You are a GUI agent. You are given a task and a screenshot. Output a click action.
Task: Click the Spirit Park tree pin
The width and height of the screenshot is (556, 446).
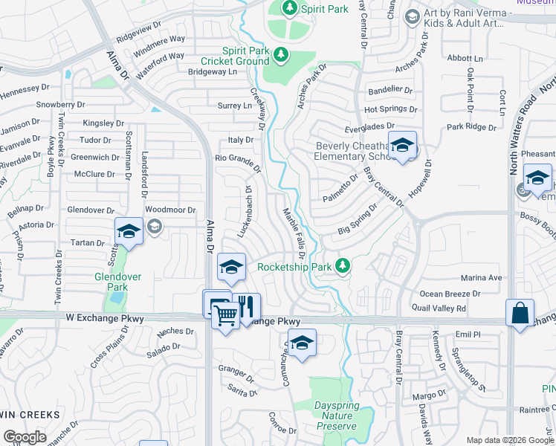tap(291, 8)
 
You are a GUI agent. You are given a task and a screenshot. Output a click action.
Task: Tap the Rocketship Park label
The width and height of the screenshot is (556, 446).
tap(294, 266)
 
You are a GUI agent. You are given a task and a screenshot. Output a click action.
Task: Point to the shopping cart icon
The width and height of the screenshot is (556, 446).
tap(226, 315)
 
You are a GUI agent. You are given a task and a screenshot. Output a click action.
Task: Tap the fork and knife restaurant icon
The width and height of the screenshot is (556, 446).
tap(247, 306)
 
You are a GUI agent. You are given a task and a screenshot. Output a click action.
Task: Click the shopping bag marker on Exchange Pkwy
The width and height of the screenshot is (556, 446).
tap(520, 312)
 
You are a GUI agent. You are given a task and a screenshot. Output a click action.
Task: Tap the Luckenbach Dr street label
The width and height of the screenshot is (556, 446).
tap(246, 211)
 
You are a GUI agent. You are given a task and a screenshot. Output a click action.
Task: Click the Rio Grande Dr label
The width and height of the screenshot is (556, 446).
tap(238, 161)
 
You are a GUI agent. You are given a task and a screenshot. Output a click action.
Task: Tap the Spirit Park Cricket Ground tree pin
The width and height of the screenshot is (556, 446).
tap(281, 54)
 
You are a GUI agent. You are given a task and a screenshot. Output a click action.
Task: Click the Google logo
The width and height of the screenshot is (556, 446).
tap(25, 436)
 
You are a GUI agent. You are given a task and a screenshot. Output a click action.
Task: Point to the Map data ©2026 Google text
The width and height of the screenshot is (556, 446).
tap(510, 439)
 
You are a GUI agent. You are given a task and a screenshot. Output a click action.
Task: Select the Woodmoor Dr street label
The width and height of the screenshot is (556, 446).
tap(169, 210)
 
